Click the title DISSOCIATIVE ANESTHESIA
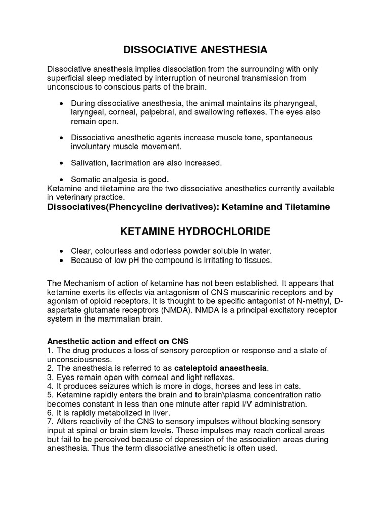tap(195, 50)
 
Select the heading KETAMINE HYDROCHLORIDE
tap(195, 232)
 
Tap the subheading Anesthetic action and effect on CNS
tap(118, 342)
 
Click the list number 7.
tap(50, 422)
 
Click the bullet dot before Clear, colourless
tap(62, 252)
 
